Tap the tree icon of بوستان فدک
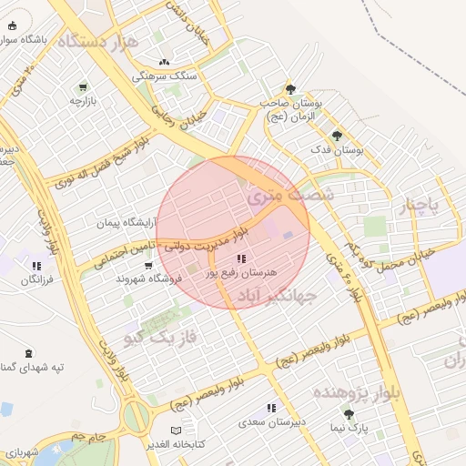click(x=337, y=136)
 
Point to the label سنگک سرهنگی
click(x=164, y=76)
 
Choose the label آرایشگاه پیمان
click(x=127, y=222)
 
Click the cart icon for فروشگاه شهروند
click(x=147, y=266)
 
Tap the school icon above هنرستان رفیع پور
click(x=241, y=260)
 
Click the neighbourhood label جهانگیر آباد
click(x=277, y=296)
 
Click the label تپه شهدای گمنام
click(x=32, y=366)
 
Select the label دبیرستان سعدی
click(x=270, y=422)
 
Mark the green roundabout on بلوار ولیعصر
click(x=136, y=417)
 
